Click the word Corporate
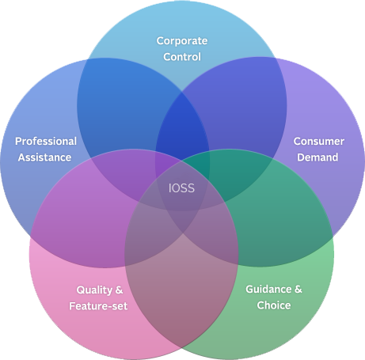click(182, 41)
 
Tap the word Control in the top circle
click(182, 57)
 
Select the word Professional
click(46, 141)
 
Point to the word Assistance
click(44, 157)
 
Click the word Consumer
click(319, 141)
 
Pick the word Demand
click(317, 157)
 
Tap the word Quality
click(94, 290)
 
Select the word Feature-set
click(98, 306)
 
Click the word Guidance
click(268, 289)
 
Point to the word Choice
click(274, 305)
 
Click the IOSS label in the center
click(181, 188)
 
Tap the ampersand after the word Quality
click(119, 290)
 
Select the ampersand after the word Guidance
click(298, 289)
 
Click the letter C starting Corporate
click(160, 41)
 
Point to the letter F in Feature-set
click(72, 306)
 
